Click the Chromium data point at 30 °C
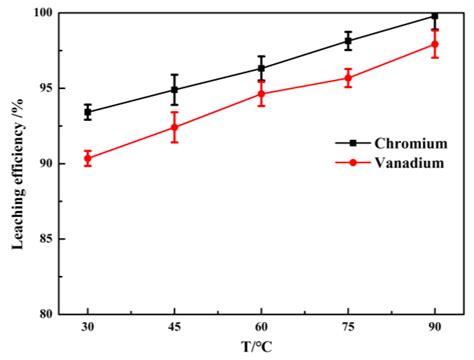(x=88, y=112)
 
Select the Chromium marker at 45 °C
(x=174, y=89)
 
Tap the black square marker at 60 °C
(x=261, y=68)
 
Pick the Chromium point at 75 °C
(x=348, y=41)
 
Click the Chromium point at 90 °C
(x=434, y=16)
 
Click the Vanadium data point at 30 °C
(x=88, y=158)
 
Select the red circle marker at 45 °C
(x=174, y=127)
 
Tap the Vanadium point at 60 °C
(x=261, y=94)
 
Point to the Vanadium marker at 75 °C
(x=348, y=78)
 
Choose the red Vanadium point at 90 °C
(x=434, y=44)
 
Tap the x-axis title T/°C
(x=261, y=347)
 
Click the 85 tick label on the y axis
(x=43, y=239)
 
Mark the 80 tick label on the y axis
(x=43, y=314)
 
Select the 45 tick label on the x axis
(x=174, y=327)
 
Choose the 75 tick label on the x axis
(x=348, y=327)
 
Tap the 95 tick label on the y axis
(x=43, y=88)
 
